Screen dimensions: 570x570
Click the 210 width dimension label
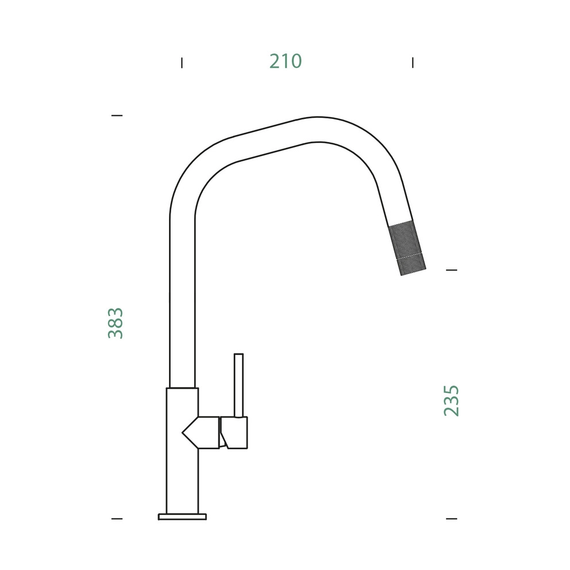(286, 61)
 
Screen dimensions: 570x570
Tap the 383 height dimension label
(115, 323)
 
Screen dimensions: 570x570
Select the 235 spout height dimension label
(452, 400)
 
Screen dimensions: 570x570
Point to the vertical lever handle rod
(238, 386)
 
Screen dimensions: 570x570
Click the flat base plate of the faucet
(182, 517)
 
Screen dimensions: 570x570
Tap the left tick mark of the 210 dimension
(182, 63)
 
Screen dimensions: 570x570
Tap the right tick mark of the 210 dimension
(413, 63)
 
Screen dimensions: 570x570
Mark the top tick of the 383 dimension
(117, 115)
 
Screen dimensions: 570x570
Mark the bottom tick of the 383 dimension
(117, 519)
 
